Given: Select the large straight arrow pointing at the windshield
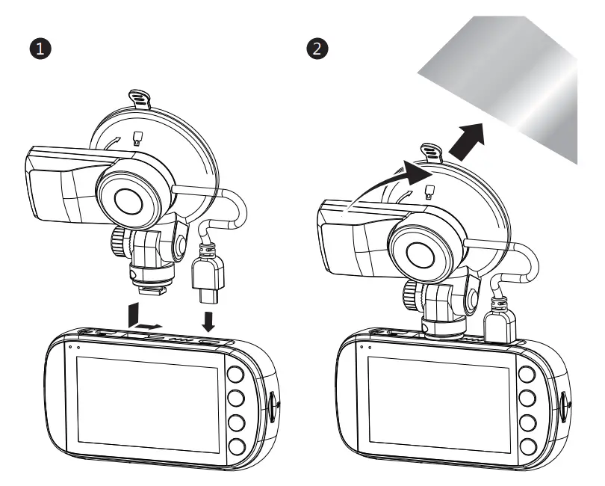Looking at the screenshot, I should (467, 140).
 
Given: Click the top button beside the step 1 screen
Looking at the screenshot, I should (238, 375).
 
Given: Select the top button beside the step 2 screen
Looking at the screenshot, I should (529, 375).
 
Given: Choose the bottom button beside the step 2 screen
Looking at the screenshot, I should (529, 447).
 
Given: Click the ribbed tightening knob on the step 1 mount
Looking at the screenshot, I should (118, 241).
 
